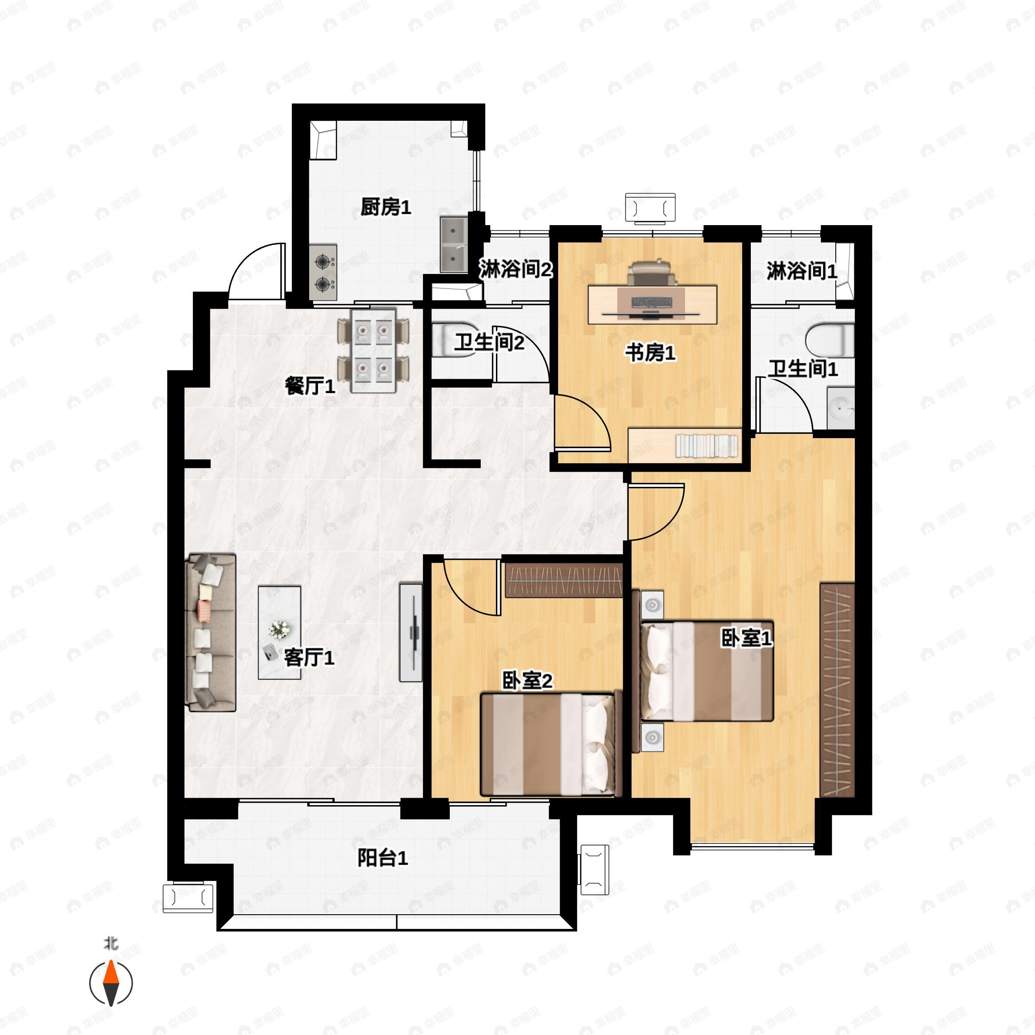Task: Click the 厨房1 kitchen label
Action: pyautogui.click(x=386, y=207)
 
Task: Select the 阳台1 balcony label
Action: pyautogui.click(x=383, y=858)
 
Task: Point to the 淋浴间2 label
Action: pyautogui.click(x=515, y=269)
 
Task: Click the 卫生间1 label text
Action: pyautogui.click(x=803, y=369)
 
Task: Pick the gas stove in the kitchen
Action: pyautogui.click(x=323, y=272)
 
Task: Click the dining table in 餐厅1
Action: pyautogui.click(x=373, y=350)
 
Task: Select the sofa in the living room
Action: pyautogui.click(x=210, y=633)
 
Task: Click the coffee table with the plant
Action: pyautogui.click(x=279, y=633)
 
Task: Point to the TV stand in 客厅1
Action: pyautogui.click(x=411, y=633)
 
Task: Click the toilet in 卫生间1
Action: pyautogui.click(x=829, y=340)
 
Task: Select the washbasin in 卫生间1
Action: pyautogui.click(x=841, y=409)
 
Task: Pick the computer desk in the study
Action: pyautogui.click(x=652, y=304)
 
